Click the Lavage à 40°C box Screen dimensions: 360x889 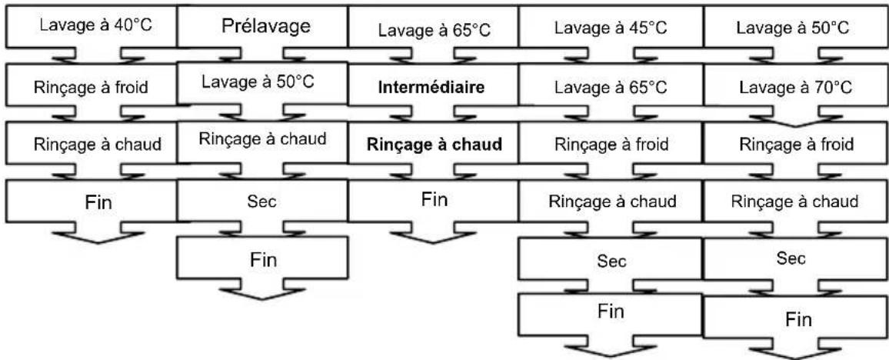(91, 28)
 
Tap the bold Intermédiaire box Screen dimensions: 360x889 (431, 87)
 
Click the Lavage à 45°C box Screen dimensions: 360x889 (610, 29)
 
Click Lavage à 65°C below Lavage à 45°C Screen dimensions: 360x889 (610, 87)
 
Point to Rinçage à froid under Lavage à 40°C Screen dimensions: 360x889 (91, 87)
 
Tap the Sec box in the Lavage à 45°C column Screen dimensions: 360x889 (610, 262)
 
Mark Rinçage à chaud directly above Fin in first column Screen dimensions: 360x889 (91, 144)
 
